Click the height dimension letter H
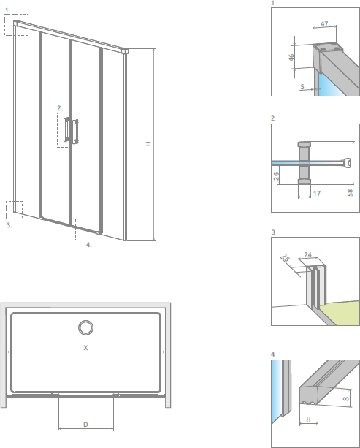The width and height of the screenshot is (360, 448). (x=148, y=144)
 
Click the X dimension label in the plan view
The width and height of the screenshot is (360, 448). (x=85, y=347)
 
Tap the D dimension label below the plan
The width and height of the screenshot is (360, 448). (x=85, y=424)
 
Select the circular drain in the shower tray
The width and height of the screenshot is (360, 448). (x=85, y=326)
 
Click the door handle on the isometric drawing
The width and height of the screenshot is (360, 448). (x=71, y=129)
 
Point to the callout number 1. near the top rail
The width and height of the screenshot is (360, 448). (x=7, y=10)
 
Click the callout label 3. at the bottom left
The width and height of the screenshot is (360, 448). (x=9, y=226)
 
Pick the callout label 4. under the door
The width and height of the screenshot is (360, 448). (x=88, y=246)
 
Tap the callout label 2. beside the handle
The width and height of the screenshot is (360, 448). (x=60, y=108)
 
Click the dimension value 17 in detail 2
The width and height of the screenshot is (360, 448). (x=316, y=194)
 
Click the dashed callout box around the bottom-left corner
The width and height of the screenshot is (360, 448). (x=14, y=210)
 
